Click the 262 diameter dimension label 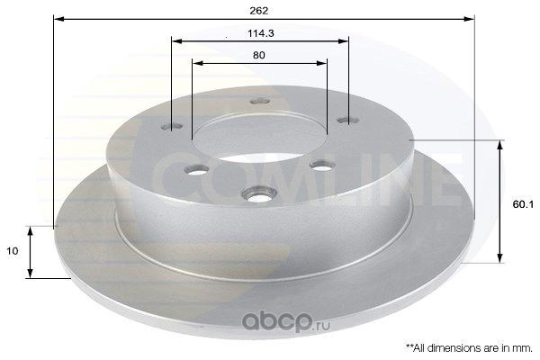click(x=258, y=11)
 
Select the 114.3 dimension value click(x=261, y=33)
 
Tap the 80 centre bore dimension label click(x=258, y=55)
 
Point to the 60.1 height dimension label click(x=523, y=204)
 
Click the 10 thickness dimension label click(x=12, y=251)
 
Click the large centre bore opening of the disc click(x=259, y=136)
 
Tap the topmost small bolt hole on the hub click(x=260, y=102)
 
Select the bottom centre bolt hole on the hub click(x=259, y=194)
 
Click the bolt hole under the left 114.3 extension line click(x=172, y=126)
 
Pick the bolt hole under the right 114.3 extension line click(x=348, y=121)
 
